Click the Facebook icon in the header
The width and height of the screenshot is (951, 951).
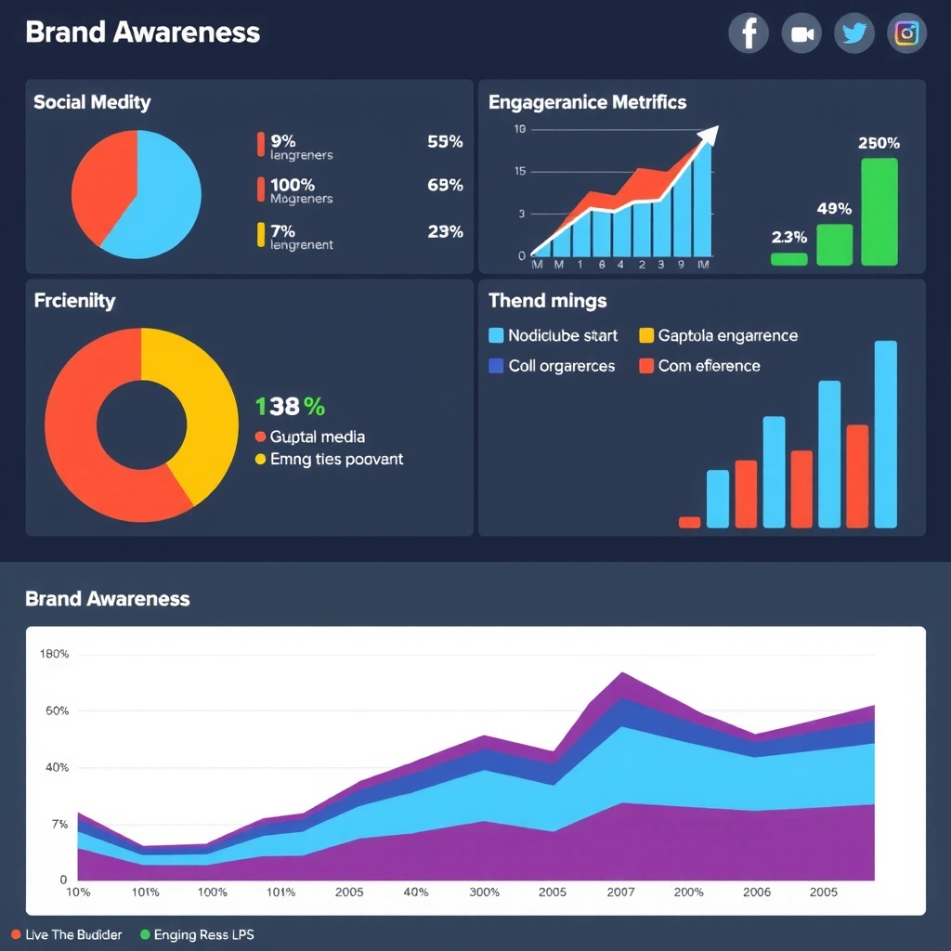click(749, 34)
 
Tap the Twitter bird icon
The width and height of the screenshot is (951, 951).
click(853, 34)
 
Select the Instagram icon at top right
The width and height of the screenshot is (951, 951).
click(906, 34)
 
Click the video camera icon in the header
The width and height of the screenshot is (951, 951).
click(801, 34)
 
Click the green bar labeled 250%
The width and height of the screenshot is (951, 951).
click(879, 212)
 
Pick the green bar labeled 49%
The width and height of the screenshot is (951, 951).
click(834, 244)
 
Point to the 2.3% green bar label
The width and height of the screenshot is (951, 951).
click(789, 237)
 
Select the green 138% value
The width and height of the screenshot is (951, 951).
click(290, 406)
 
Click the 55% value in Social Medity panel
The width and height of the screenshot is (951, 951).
click(445, 142)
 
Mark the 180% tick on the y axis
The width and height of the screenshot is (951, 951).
click(54, 654)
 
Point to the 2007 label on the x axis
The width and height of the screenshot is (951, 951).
click(620, 892)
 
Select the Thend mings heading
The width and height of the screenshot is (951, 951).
click(547, 301)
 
